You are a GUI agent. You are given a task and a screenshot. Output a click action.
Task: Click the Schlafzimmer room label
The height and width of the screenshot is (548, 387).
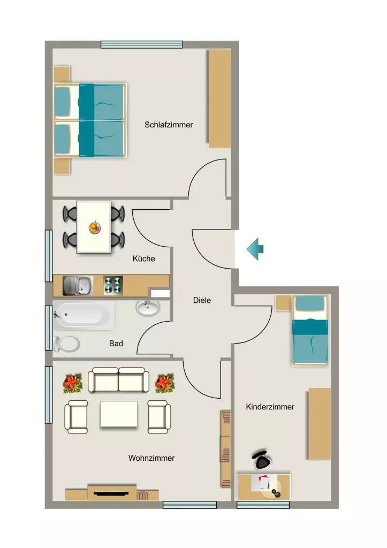[169, 125]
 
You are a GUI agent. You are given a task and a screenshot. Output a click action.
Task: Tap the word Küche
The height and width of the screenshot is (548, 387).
[143, 258]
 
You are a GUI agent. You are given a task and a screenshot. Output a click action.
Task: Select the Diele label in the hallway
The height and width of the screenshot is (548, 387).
[202, 300]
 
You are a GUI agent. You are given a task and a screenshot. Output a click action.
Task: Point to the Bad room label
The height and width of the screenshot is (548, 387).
[116, 344]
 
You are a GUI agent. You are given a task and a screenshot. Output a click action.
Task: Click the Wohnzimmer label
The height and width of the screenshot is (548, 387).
[151, 458]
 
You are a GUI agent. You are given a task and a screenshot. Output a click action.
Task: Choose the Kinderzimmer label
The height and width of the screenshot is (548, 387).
[270, 407]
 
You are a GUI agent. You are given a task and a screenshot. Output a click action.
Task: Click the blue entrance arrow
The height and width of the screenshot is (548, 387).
[255, 249]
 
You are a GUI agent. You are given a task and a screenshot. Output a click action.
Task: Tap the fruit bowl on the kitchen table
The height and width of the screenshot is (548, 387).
[95, 227]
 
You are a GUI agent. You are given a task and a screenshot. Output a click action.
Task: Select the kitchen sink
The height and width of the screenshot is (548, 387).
[78, 286]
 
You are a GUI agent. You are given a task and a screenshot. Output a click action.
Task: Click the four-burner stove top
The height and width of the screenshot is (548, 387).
[113, 285]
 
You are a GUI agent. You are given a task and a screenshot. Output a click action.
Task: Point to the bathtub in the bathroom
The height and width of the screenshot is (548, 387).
[84, 316]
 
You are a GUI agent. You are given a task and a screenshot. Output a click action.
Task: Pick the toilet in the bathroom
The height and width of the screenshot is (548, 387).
[67, 344]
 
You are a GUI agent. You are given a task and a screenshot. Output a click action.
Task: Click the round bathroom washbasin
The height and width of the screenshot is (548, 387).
[148, 308]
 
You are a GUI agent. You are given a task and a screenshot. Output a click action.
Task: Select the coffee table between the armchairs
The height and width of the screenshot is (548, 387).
[119, 414]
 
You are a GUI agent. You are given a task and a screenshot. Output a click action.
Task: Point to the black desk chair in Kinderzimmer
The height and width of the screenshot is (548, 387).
[261, 460]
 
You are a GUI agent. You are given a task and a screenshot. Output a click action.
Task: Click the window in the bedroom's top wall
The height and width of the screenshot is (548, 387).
[142, 45]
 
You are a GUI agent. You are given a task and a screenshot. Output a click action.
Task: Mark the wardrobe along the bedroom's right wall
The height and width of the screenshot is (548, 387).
[219, 98]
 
